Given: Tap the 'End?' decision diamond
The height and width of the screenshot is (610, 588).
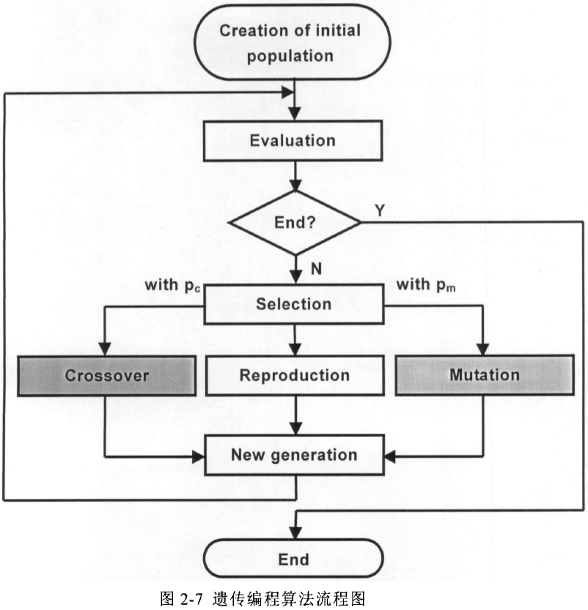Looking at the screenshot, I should tap(294, 222).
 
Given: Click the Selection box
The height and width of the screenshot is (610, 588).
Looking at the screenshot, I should tap(294, 304).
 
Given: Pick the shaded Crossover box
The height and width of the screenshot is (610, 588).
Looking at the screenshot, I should tap(107, 375).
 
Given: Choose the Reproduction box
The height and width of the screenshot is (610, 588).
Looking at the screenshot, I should tap(294, 375).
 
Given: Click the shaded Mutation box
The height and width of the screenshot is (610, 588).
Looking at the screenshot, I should tap(483, 375).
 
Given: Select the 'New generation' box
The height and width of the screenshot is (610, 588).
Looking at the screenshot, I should tap(294, 455).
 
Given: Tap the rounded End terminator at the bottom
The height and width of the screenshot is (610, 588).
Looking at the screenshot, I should tap(294, 560).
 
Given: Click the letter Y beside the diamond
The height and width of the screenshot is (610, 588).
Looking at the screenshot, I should tap(380, 210).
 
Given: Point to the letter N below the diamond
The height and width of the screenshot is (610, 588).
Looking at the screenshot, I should tap(316, 269).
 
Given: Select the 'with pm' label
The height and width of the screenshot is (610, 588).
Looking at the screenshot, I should tap(425, 284).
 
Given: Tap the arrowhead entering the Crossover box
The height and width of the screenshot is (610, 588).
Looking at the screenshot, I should tap(107, 349).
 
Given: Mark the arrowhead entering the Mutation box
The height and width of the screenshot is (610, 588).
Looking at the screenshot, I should tap(483, 349).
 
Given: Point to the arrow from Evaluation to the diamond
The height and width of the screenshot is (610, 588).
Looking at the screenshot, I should tap(294, 178).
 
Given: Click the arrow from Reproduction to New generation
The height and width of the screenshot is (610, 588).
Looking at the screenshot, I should tap(294, 415).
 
